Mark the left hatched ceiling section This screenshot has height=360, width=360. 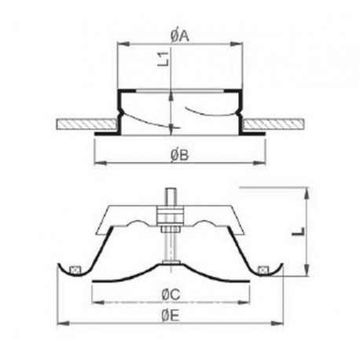click(x=85, y=125)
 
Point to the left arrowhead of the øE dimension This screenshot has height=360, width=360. click(x=62, y=321)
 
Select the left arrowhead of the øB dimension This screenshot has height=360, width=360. click(x=97, y=163)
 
